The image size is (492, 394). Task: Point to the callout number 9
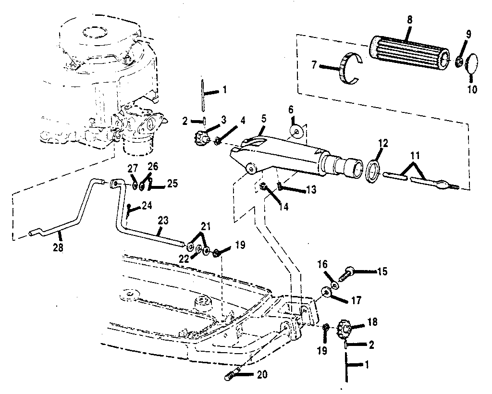coord(468,34)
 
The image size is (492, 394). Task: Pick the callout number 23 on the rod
coord(163,221)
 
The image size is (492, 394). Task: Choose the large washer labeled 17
coord(327,293)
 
